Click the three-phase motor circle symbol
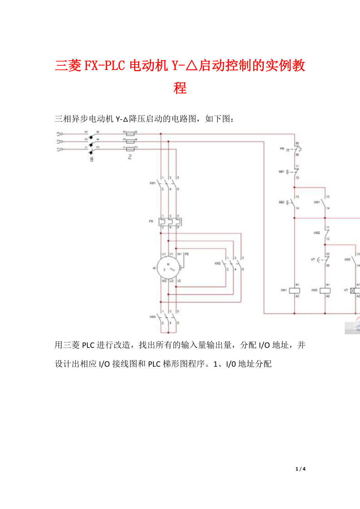(x=168, y=268)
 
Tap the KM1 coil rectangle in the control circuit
(x=294, y=290)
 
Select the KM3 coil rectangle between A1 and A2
(x=325, y=290)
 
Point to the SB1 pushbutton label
(x=282, y=172)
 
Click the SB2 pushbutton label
(x=282, y=203)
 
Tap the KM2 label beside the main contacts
(x=218, y=263)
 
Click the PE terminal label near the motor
(x=187, y=254)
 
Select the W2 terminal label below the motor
(x=164, y=281)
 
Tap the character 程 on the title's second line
(x=180, y=88)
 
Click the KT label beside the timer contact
(x=313, y=260)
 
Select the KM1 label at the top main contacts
(x=153, y=183)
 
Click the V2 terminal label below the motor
(x=179, y=281)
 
